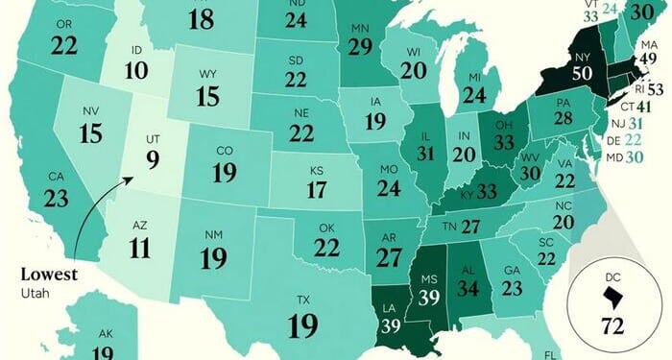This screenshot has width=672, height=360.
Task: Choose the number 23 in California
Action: (x=57, y=199)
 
